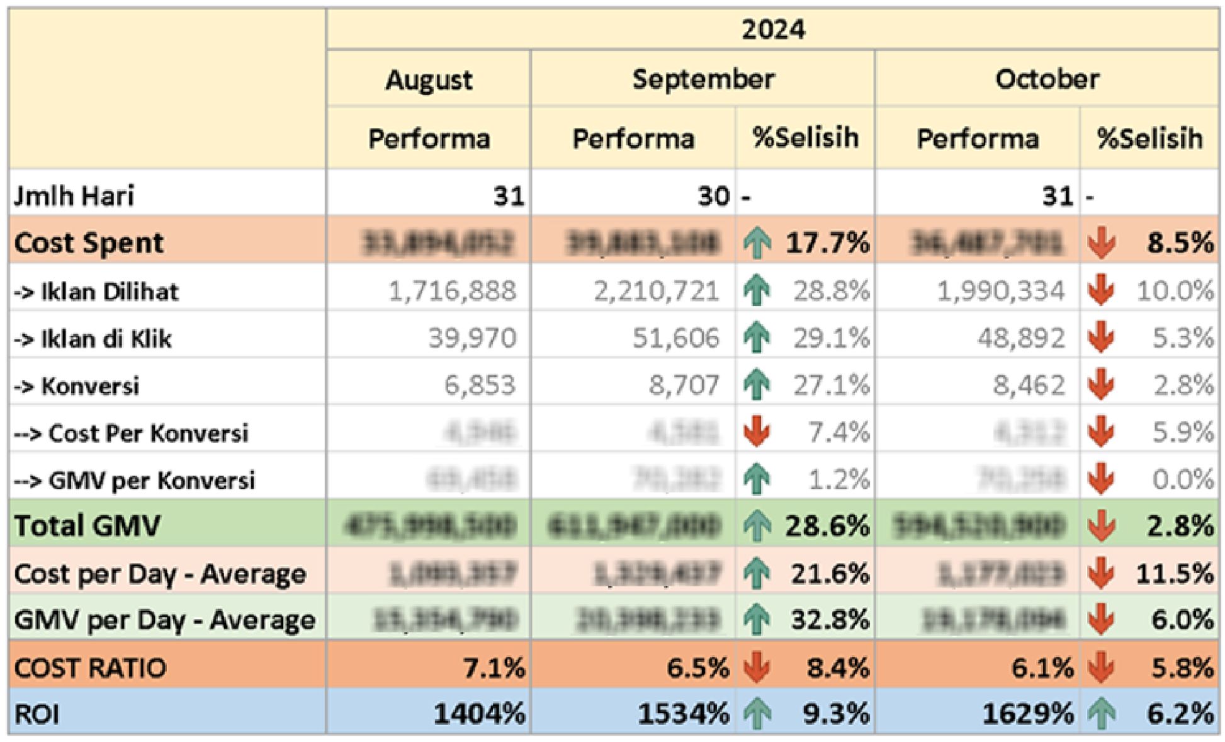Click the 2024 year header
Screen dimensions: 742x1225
pos(772,30)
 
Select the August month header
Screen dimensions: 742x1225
pos(429,80)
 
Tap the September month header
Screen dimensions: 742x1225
pos(703,79)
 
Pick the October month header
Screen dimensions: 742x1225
pos(1047,79)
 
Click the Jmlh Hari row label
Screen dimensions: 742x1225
pos(74,195)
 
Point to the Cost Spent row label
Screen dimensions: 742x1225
pos(89,243)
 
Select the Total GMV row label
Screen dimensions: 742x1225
pos(87,525)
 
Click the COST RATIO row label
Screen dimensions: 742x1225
pos(90,668)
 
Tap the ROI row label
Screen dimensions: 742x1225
pos(37,715)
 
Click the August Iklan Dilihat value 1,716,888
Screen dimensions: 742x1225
pos(452,291)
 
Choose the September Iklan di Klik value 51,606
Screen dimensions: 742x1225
pos(675,338)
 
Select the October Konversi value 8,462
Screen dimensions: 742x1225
pos(1029,385)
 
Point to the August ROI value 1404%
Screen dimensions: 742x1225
pos(479,714)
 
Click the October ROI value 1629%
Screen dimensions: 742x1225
pos(1028,714)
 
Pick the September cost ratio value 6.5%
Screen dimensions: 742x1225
pos(697,668)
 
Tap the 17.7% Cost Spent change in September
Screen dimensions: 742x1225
pos(827,243)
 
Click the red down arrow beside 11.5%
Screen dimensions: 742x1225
pos(1102,573)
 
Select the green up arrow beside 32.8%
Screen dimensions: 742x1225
pos(757,620)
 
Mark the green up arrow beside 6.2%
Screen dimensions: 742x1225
pos(1102,715)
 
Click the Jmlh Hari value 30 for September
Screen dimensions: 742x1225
pos(713,196)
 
